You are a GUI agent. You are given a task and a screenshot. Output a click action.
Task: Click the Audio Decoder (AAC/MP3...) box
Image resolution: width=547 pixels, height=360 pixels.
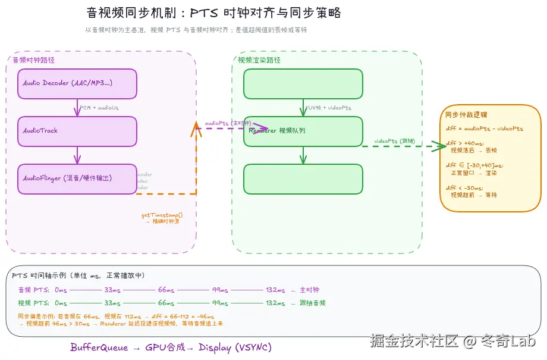[77, 83]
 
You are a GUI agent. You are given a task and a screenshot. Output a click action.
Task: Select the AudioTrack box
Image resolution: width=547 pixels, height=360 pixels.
[77, 131]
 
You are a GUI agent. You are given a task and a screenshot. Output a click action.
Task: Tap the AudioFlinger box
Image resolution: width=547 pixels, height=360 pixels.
[77, 179]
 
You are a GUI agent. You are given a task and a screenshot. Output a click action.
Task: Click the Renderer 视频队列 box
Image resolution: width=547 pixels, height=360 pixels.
[303, 131]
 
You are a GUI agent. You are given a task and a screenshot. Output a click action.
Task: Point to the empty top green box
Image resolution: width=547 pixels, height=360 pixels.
[303, 83]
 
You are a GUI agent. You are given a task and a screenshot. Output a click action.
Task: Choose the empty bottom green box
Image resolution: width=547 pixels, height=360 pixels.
[303, 179]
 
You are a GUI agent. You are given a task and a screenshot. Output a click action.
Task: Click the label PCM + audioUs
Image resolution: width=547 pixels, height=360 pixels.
[99, 108]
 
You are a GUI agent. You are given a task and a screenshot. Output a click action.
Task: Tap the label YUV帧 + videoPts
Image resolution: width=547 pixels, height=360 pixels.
[328, 108]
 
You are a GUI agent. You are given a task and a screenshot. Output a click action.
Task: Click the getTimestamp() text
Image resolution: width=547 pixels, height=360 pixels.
[162, 215]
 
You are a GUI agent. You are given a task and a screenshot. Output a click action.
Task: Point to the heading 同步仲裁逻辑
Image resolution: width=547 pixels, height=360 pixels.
[466, 115]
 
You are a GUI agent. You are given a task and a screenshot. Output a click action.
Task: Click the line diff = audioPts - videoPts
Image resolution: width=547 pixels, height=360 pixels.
[485, 129]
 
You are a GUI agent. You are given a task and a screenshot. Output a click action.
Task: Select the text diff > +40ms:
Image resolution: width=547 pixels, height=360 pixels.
[464, 143]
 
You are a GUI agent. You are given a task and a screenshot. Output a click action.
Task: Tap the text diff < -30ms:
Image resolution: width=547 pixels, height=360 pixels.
[464, 188]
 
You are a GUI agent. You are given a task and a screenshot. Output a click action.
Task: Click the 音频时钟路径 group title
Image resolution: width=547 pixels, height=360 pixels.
[34, 60]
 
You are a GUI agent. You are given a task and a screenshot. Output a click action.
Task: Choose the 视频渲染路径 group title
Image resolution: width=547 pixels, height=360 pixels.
[259, 60]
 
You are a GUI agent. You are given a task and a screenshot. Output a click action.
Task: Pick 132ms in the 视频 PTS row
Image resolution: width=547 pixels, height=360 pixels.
[275, 303]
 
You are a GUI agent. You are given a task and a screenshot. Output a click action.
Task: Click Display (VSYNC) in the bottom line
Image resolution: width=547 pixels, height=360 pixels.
[235, 348]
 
